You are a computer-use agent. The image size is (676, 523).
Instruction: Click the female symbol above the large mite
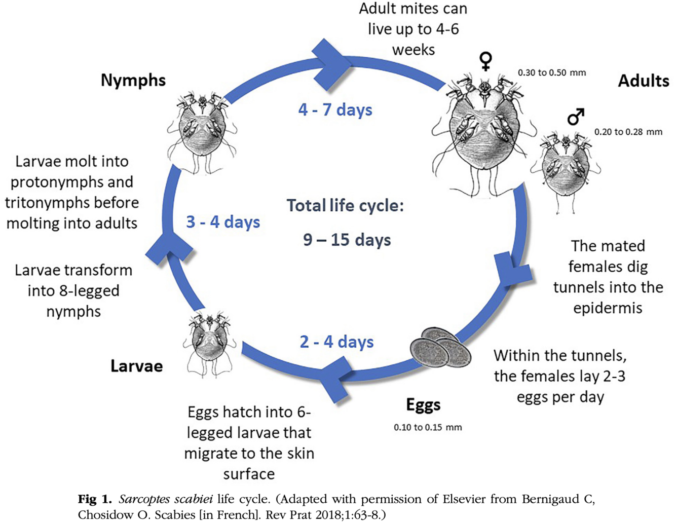coord(485,61)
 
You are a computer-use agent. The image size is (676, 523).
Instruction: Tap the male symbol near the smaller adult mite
coord(576,117)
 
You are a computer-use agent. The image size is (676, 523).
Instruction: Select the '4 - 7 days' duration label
coord(335,110)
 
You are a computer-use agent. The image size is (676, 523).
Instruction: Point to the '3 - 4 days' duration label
coord(223,222)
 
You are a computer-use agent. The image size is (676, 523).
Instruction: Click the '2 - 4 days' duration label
coord(336,342)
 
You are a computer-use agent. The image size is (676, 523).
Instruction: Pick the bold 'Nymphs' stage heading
coord(133,80)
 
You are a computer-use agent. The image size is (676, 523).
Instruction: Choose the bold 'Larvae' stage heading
coord(137,366)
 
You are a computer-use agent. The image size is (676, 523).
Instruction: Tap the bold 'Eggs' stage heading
coord(423,404)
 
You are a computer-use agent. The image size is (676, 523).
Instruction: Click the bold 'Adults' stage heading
coord(643,81)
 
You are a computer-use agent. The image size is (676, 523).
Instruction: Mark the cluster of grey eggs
coord(440,347)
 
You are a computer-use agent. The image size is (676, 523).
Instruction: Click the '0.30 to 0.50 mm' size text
coord(551,73)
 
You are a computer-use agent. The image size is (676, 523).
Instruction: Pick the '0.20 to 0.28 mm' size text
coord(628,132)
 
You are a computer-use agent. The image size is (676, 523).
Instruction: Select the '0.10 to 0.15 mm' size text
coord(428,427)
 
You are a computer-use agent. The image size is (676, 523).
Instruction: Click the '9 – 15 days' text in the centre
coord(347,240)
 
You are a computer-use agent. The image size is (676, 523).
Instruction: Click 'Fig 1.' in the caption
coord(95,499)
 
